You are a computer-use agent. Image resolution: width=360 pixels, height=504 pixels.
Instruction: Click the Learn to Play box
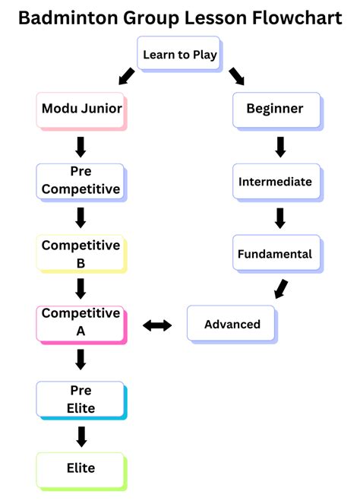tap(180, 55)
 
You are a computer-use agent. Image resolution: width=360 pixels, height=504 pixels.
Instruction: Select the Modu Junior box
tap(80, 109)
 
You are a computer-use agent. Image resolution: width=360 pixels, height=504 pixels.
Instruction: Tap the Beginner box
tap(275, 109)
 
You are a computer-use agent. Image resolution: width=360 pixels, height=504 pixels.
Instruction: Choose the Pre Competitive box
tap(80, 181)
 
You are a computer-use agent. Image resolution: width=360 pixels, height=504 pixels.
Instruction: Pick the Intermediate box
tap(275, 182)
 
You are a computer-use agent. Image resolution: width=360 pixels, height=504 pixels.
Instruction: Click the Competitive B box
tap(80, 254)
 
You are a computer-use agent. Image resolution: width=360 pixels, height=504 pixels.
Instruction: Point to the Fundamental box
tap(275, 254)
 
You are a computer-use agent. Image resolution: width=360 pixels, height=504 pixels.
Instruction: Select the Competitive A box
tap(80, 322)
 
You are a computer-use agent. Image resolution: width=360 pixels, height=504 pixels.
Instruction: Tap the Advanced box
tap(232, 325)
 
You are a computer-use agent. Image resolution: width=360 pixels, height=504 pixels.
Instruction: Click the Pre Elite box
tap(80, 399)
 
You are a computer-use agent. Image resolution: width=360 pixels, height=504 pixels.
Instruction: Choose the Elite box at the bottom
tap(80, 468)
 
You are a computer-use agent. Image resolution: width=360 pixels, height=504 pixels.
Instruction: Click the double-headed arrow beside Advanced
tap(157, 325)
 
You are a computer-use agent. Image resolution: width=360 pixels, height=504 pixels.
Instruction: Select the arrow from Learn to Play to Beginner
tap(236, 76)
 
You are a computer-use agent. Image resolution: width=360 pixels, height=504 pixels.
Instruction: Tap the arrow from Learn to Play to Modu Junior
tap(126, 76)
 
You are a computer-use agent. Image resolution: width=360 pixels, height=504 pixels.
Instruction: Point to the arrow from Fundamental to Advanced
tap(280, 289)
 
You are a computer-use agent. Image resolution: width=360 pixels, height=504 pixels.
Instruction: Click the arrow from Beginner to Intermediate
tap(279, 146)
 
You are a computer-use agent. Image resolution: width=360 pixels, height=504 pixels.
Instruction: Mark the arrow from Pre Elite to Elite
tap(81, 436)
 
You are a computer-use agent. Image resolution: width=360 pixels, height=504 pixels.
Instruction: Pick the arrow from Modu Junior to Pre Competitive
tap(81, 146)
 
